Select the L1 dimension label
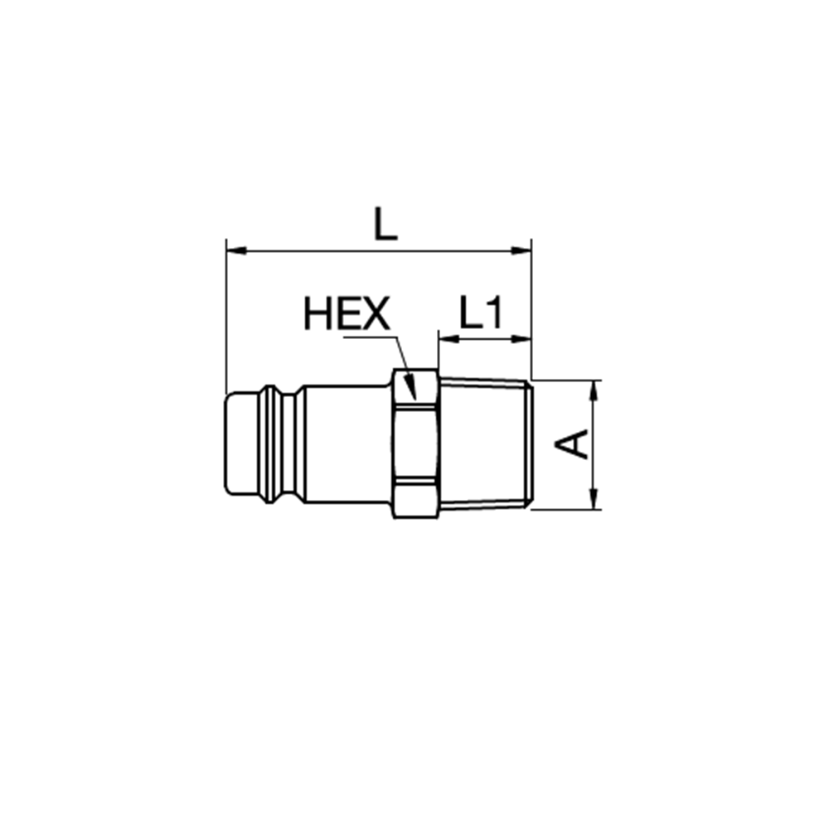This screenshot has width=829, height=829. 481,313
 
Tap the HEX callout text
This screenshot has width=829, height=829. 347,313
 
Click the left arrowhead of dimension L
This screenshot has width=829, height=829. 236,250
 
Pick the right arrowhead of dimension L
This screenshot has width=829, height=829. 521,250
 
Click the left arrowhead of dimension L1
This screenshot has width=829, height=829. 448,339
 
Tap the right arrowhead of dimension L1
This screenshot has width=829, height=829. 521,339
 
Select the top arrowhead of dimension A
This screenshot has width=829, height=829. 594,390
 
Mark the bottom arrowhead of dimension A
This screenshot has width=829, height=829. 594,499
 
